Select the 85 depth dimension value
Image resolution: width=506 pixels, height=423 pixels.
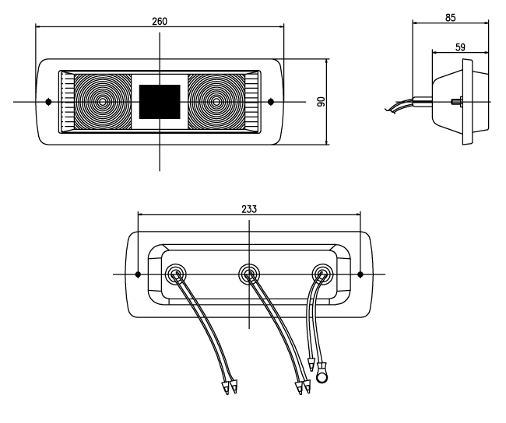click(451, 16)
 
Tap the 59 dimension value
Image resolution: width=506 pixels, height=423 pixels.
click(460, 47)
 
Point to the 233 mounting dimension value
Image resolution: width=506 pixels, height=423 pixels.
click(248, 208)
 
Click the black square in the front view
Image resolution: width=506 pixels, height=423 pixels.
click(161, 101)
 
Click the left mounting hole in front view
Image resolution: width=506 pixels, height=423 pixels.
click(48, 101)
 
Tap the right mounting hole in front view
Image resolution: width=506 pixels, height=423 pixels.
click(271, 101)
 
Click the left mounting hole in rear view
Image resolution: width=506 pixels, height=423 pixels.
click(138, 274)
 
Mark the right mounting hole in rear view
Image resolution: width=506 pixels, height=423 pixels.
click(360, 274)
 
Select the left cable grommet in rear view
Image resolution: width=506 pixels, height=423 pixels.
click(175, 273)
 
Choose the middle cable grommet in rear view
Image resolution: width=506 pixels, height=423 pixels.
click(248, 273)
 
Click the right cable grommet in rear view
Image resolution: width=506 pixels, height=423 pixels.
click(322, 273)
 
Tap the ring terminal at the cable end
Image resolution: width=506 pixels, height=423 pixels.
click(322, 379)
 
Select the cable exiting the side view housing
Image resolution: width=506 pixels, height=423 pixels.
click(405, 106)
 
